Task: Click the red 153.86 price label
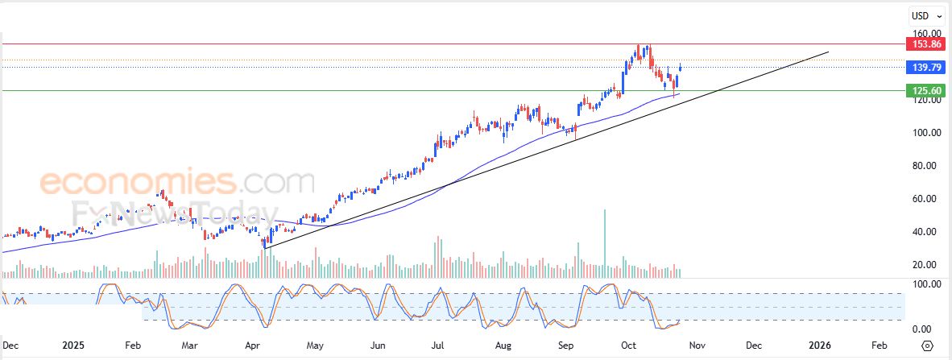925,43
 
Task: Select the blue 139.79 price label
925,68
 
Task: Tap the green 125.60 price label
925,90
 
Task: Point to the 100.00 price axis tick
924,133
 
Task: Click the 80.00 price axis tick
924,166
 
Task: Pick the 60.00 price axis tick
924,199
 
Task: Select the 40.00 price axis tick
924,232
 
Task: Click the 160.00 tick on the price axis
924,34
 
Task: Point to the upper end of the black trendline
828,52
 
